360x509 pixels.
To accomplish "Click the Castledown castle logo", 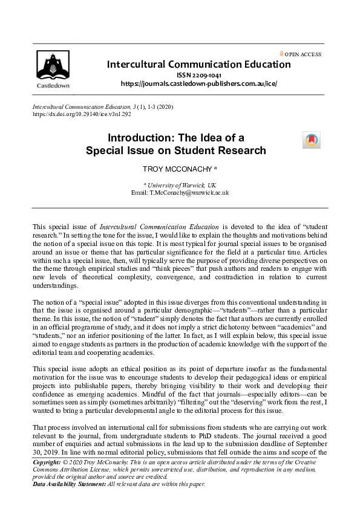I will (54, 65).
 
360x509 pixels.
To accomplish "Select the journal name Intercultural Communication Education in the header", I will (198, 64).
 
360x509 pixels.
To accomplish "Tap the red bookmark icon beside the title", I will (311, 140).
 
